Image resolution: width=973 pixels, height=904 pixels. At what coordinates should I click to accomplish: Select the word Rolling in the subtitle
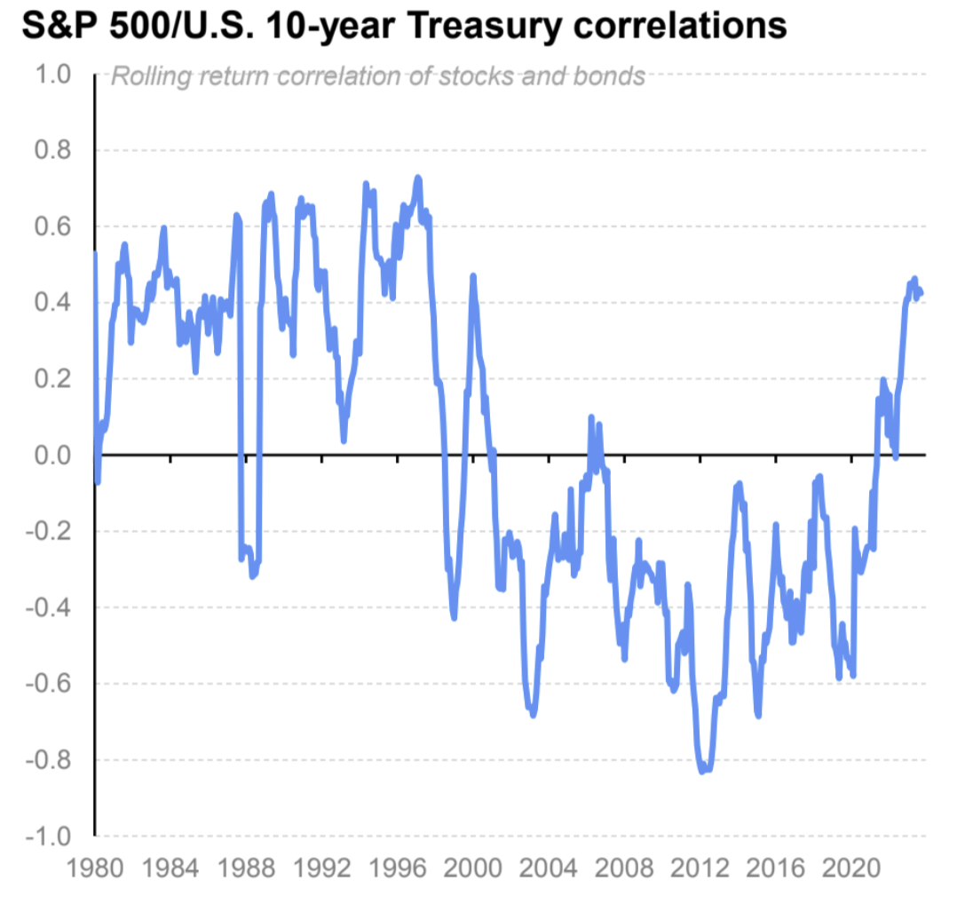coord(146,76)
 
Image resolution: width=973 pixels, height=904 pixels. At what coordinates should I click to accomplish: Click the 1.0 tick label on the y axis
coord(51,74)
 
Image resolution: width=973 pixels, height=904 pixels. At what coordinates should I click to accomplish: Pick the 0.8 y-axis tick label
coord(51,150)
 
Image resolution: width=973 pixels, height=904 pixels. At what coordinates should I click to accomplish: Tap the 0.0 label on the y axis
coord(51,456)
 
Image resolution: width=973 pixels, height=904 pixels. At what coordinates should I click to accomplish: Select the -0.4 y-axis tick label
coord(48,608)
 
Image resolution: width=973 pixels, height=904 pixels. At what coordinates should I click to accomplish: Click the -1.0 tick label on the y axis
coord(48,837)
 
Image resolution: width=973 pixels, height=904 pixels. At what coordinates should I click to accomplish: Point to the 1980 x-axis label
coord(94,868)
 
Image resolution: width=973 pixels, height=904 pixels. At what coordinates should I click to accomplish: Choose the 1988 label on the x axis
coord(245,868)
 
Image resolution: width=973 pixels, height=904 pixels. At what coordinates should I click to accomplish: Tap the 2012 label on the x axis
coord(700,868)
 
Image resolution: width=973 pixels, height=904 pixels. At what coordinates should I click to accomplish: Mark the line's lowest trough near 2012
coord(702,771)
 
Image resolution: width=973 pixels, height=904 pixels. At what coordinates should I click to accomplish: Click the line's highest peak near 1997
coord(417,178)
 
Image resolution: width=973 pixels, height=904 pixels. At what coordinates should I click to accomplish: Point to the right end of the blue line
coord(922,293)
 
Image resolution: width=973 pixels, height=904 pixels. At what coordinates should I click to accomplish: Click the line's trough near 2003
coord(533,714)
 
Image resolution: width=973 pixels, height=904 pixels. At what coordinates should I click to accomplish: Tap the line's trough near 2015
coord(757,715)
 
